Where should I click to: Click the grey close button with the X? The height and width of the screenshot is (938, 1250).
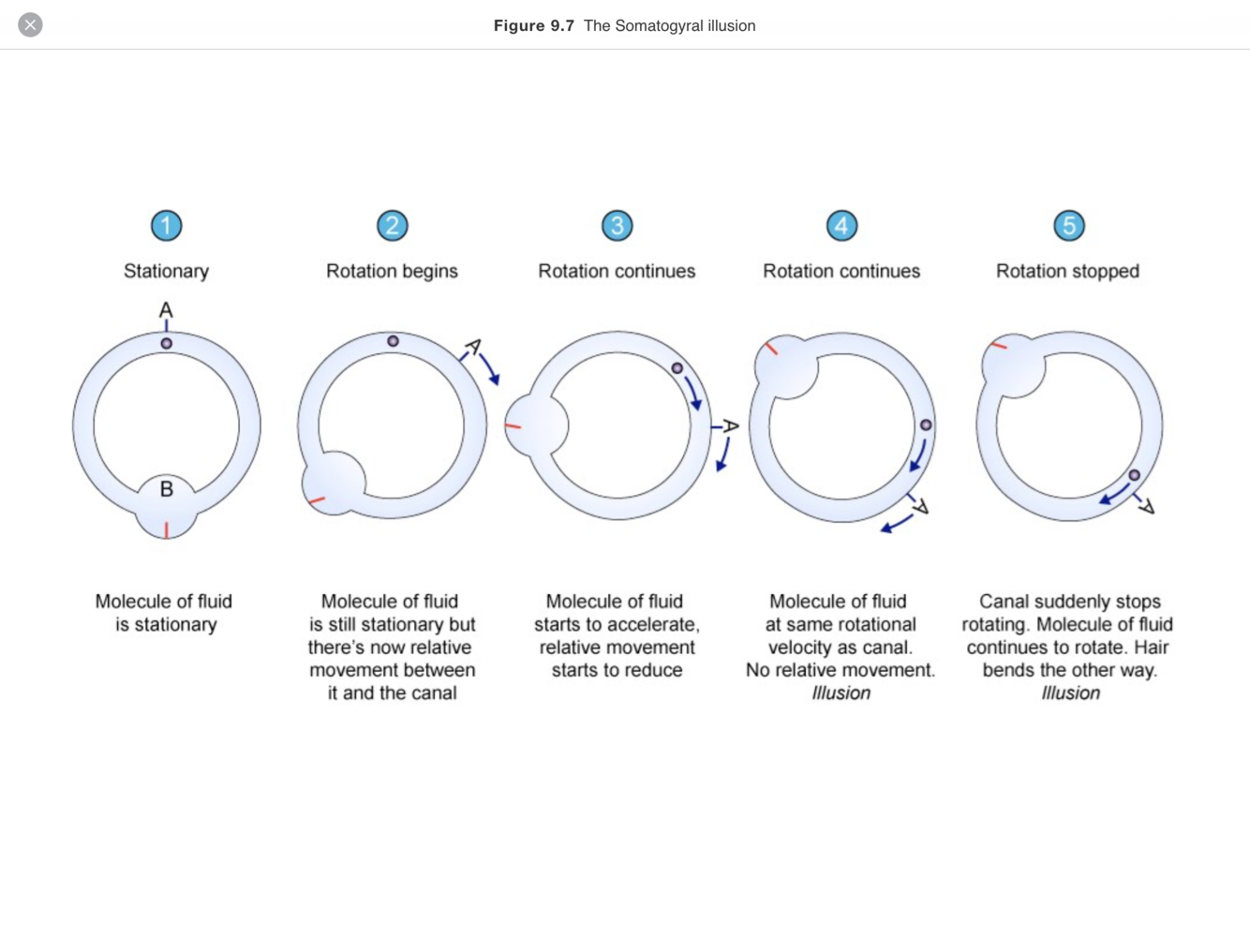tap(30, 25)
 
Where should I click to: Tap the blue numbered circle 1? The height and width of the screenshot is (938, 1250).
tap(167, 226)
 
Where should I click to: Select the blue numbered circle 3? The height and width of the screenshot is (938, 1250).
tap(617, 226)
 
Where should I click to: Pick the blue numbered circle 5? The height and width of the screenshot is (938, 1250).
tap(1068, 226)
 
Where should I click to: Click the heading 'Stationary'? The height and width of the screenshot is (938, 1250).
tap(167, 272)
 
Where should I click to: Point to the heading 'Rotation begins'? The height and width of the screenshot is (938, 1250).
tap(392, 272)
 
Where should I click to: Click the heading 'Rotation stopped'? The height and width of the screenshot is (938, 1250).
tap(1067, 272)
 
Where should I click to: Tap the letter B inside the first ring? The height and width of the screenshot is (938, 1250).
tap(167, 489)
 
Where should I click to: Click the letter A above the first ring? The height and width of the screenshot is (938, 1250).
tap(166, 310)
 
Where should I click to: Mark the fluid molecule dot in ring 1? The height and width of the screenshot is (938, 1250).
tap(167, 344)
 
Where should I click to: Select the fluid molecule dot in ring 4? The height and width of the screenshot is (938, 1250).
tap(926, 425)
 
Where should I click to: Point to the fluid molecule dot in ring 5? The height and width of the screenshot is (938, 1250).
tap(1134, 475)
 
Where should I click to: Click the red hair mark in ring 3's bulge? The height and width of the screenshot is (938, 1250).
tap(513, 426)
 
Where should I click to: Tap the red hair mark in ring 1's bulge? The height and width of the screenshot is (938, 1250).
tap(167, 530)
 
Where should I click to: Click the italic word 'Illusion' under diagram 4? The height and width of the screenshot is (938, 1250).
tap(841, 693)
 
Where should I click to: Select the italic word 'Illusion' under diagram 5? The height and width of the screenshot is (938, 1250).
tap(1070, 693)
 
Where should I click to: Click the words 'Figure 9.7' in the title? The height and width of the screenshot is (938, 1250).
tap(533, 26)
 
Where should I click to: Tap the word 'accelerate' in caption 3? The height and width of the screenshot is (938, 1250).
tap(655, 625)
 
